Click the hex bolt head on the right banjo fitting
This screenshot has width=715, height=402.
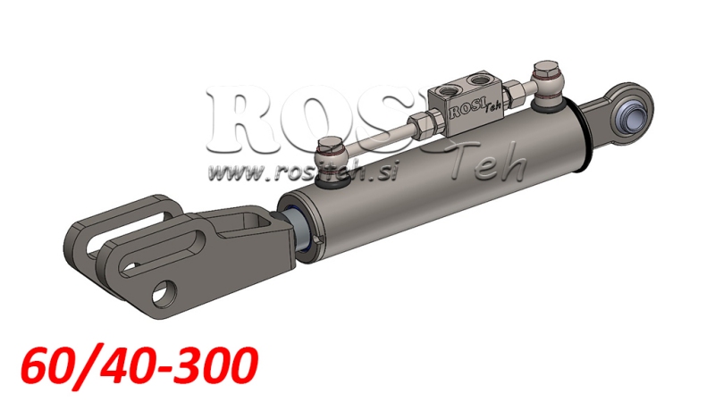545,71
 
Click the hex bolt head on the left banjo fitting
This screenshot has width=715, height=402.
330,145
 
